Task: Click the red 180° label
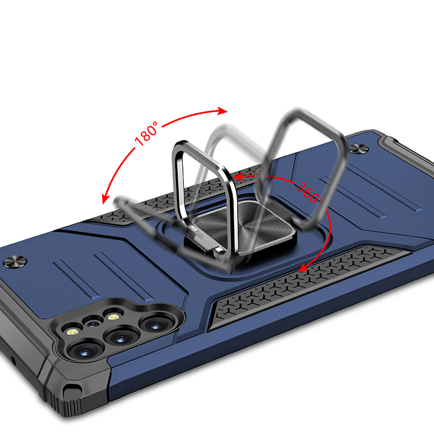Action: click(x=146, y=133)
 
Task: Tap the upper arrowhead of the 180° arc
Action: click(x=222, y=111)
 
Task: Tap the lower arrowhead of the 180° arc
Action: click(x=105, y=199)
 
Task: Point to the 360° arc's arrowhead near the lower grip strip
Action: click(x=303, y=267)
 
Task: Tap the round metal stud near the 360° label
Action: click(x=358, y=149)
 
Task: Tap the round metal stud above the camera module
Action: click(x=15, y=262)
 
